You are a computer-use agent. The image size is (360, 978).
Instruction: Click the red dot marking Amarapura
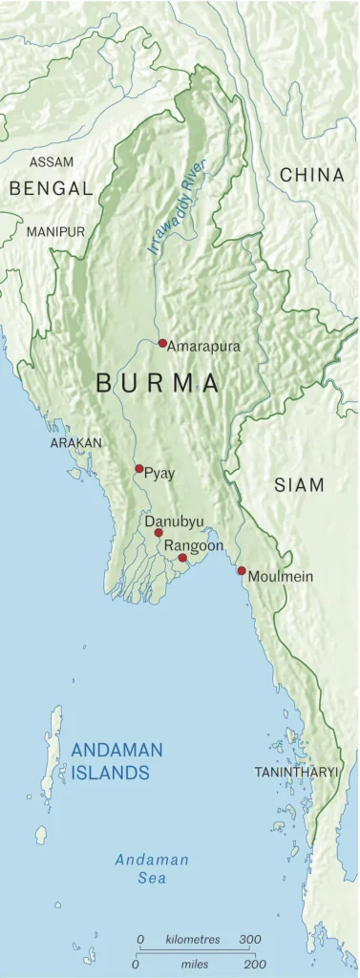162,343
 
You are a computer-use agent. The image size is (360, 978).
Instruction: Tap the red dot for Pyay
139,469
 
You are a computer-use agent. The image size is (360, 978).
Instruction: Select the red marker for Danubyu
159,532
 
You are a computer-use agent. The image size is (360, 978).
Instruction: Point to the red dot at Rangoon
182,557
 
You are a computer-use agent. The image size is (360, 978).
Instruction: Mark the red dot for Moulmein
242,570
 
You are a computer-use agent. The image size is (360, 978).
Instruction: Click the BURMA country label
159,384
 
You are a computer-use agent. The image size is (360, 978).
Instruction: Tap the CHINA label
311,175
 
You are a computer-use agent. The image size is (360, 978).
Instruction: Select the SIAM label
299,485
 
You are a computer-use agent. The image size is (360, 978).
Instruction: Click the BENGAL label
51,189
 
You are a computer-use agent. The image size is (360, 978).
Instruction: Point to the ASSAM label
52,162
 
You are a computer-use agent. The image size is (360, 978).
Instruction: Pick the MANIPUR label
55,232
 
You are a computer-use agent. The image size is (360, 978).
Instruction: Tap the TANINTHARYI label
296,771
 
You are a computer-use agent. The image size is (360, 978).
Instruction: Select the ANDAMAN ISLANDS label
116,761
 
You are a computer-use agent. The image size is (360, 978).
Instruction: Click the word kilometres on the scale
192,940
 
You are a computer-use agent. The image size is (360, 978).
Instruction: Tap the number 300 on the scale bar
249,940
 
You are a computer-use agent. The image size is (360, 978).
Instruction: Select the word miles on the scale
193,966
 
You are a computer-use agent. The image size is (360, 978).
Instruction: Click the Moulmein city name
280,577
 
